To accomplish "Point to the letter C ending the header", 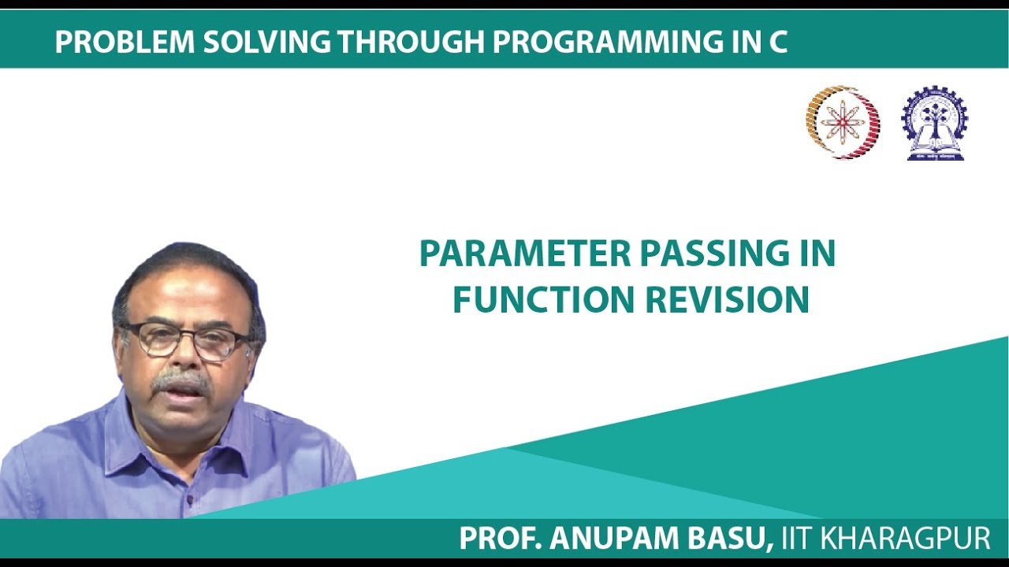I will pyautogui.click(x=778, y=43).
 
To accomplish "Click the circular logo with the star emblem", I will pyautogui.click(x=842, y=122).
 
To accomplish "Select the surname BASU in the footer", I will pyautogui.click(x=729, y=539).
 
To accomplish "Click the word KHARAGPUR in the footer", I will pyautogui.click(x=906, y=539).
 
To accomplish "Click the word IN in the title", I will pyautogui.click(x=815, y=254).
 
